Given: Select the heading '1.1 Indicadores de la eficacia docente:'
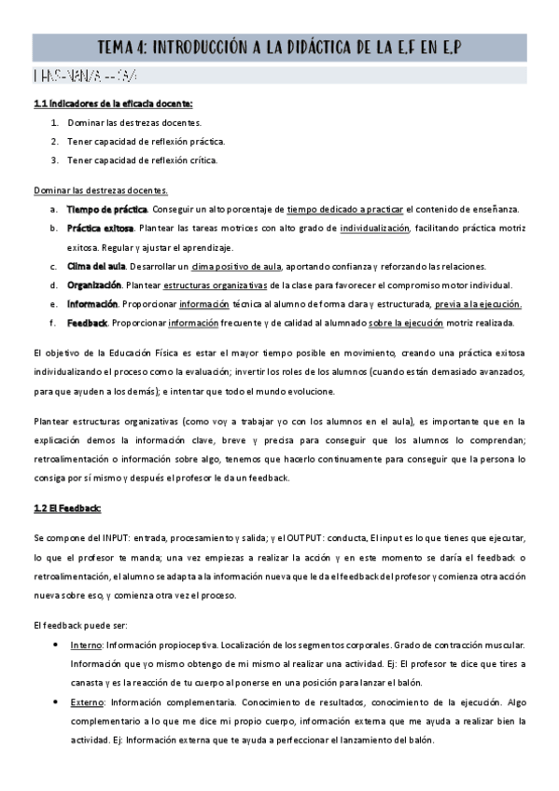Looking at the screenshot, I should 113,104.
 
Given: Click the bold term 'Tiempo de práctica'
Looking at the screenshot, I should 106,209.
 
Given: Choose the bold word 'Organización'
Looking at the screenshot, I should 94,284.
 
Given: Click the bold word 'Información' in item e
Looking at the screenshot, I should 92,304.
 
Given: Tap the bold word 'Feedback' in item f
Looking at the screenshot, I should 87,323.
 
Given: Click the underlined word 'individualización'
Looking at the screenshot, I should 374,228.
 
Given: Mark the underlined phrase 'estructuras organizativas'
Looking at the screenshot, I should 222,284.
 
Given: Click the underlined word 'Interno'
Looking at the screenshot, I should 86,645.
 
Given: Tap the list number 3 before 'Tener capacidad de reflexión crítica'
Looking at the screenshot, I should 55,160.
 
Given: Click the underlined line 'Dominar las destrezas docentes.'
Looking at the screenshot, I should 100,190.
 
